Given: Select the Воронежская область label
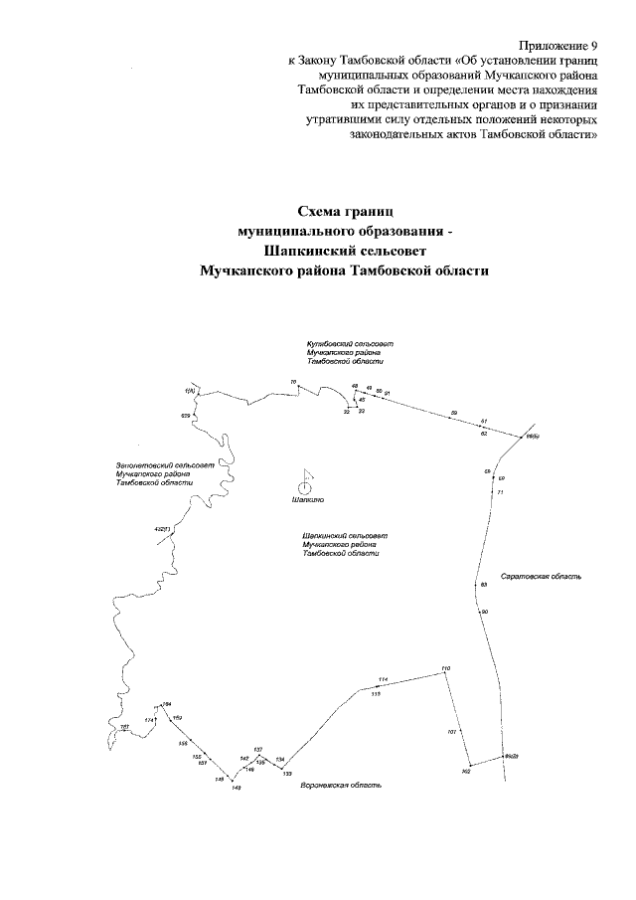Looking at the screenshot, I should click(341, 785).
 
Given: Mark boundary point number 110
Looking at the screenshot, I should click(446, 668).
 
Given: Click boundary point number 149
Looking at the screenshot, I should click(236, 788).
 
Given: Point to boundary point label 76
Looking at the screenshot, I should click(293, 382).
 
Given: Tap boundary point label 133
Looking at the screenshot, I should click(287, 773).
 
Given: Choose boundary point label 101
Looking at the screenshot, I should click(451, 732).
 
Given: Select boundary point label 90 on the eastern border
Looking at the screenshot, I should click(484, 611).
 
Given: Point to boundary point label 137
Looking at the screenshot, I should click(257, 749).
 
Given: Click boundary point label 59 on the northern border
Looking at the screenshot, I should click(454, 412).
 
